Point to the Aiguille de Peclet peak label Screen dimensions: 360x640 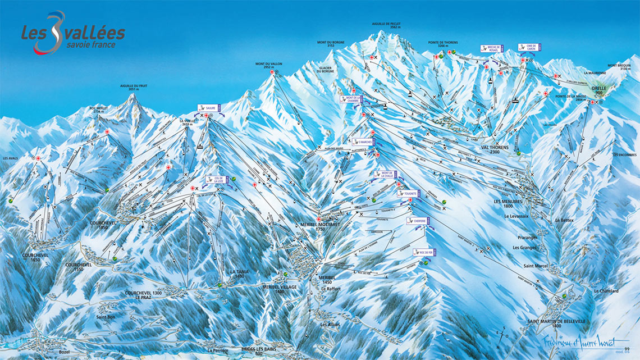click(387, 25)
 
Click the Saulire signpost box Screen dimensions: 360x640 click(210, 107)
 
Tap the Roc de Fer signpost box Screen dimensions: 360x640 click(424, 252)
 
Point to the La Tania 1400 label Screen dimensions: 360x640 click(239, 274)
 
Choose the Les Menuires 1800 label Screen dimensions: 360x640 click(508, 203)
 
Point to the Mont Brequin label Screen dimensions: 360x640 click(620, 67)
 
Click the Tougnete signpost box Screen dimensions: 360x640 click(409, 193)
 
